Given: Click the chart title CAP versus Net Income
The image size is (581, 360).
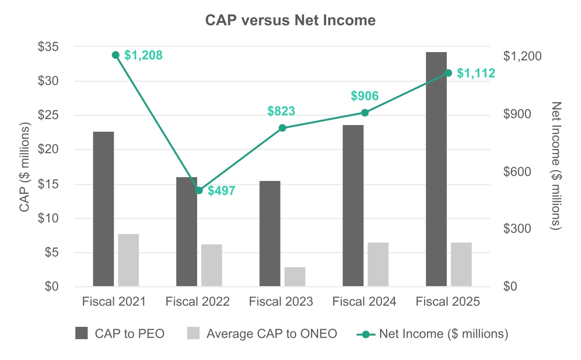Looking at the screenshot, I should [290, 20].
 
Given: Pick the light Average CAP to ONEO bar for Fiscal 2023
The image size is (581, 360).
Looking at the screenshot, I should [295, 277].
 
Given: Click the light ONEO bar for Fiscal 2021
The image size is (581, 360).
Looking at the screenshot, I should [128, 260].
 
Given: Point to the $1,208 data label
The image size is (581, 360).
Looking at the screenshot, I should [143, 55].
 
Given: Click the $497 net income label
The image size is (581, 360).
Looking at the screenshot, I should [221, 191].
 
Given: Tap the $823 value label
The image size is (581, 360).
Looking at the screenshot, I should [281, 111].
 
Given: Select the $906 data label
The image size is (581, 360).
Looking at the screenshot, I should [364, 96].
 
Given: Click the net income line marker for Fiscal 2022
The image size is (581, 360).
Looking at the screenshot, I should [199, 190].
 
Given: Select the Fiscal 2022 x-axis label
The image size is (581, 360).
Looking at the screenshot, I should [198, 302].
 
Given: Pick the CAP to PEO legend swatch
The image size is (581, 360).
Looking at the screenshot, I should [82, 334].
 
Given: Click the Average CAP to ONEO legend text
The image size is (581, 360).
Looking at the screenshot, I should [272, 334].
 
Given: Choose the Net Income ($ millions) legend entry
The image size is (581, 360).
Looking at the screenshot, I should [444, 334].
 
